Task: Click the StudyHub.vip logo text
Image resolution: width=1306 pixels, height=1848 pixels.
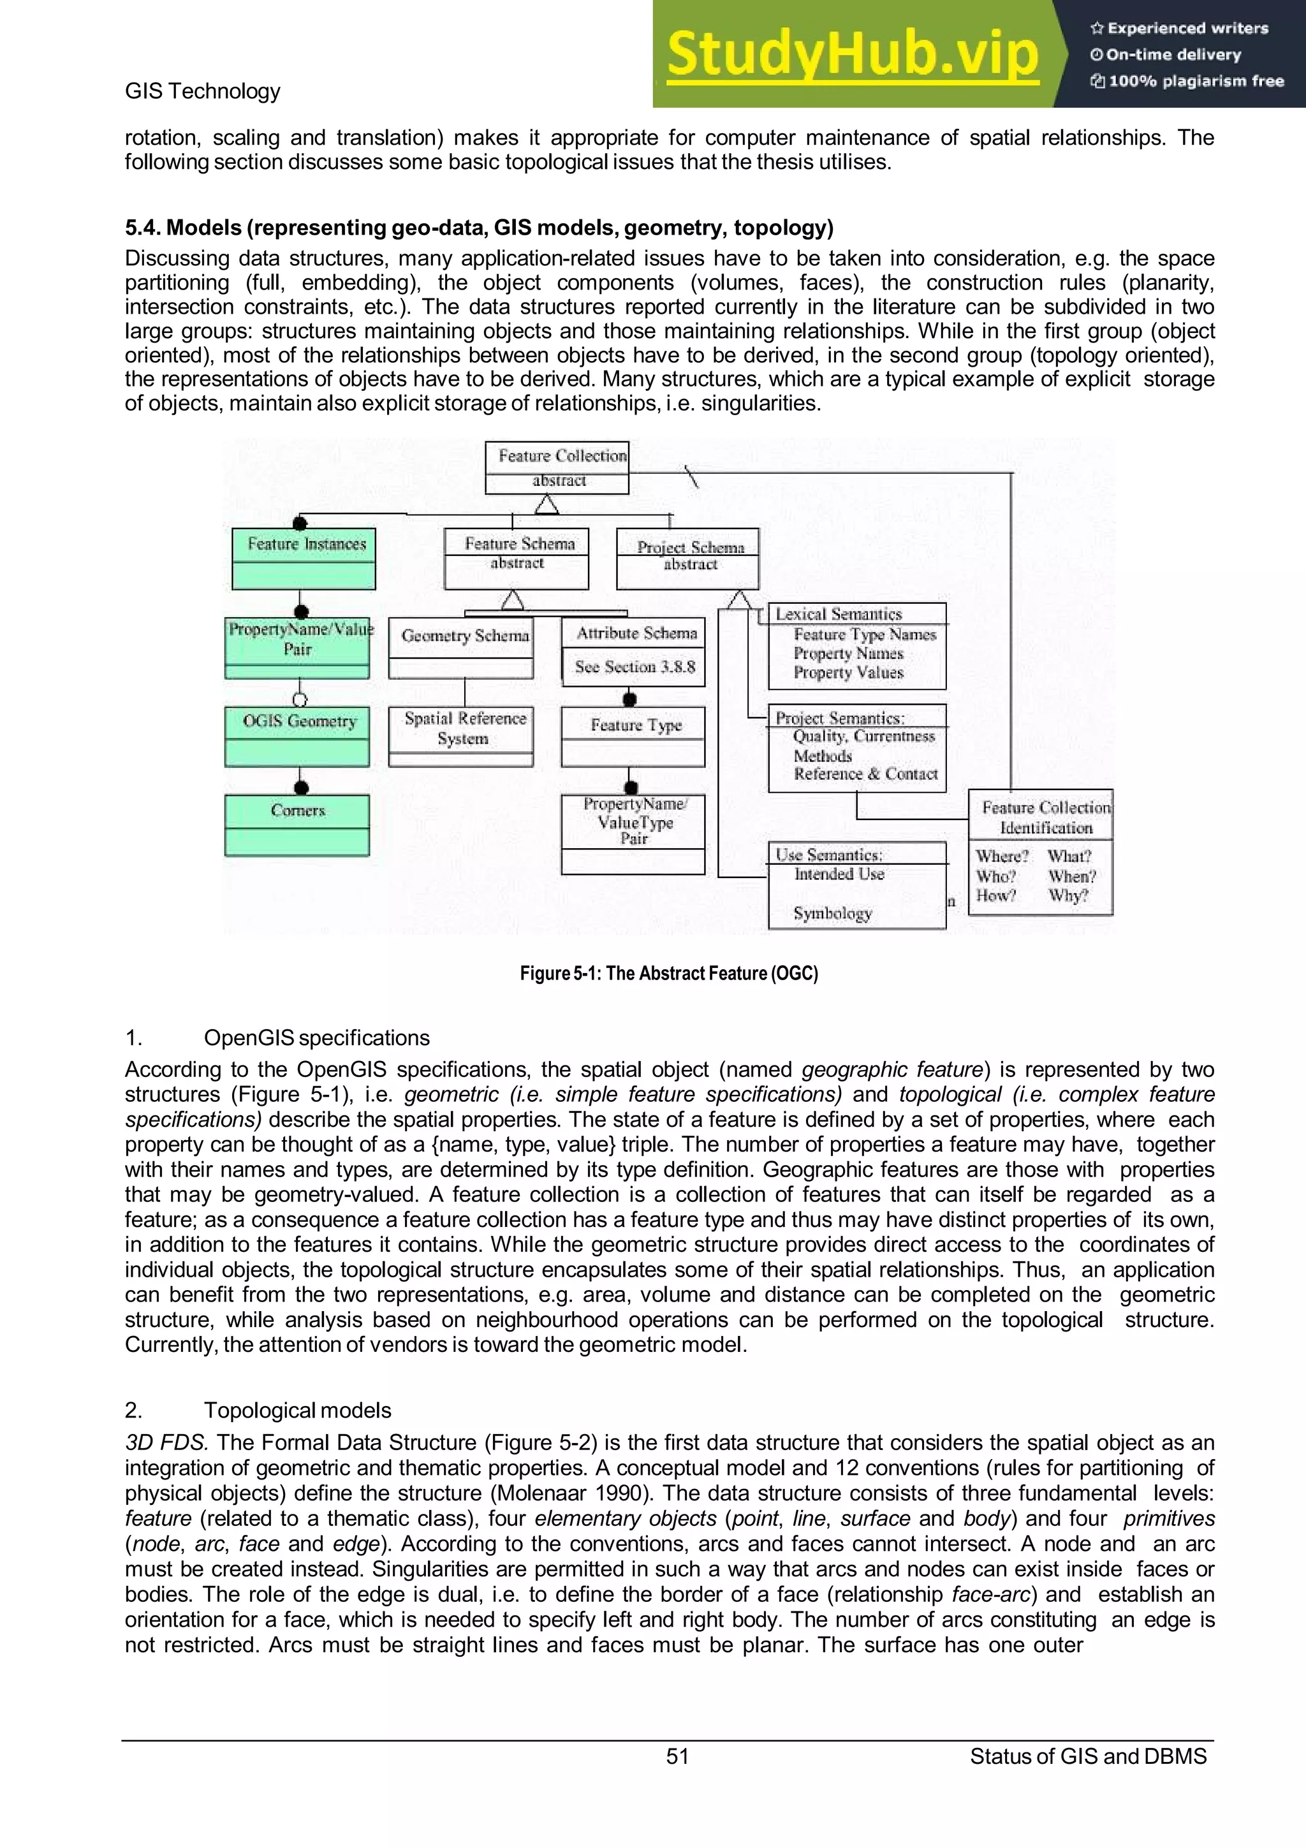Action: coord(853,55)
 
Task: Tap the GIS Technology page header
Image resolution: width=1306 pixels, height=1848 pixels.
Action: coord(202,91)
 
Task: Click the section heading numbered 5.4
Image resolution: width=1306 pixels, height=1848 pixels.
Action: coord(479,228)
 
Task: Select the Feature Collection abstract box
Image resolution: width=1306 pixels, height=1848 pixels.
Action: coord(557,467)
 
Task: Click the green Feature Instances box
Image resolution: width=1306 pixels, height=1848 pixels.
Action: coord(304,558)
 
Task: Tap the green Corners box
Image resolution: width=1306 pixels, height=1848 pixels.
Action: coord(297,824)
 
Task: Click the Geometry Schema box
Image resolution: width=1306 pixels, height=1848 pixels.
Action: coord(462,647)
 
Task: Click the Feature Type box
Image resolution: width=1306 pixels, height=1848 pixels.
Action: coord(633,736)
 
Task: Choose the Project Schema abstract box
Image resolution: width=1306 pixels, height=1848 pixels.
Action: coord(688,558)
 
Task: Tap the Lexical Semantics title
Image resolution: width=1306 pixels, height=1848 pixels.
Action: coord(839,614)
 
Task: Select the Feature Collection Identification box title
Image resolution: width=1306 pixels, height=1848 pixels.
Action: coord(1045,817)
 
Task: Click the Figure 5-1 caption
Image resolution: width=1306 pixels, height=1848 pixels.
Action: coord(669,973)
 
